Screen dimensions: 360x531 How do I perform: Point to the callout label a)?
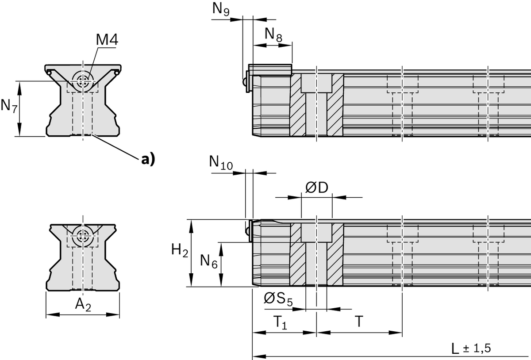pyautogui.click(x=148, y=159)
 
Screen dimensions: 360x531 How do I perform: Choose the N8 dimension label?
pyautogui.click(x=273, y=34)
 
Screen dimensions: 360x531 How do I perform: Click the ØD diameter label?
pyautogui.click(x=317, y=188)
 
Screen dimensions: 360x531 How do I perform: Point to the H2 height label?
pyautogui.click(x=180, y=251)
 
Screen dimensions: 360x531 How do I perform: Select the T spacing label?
pyautogui.click(x=359, y=322)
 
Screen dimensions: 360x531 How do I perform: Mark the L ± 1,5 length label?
pyautogui.click(x=471, y=348)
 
